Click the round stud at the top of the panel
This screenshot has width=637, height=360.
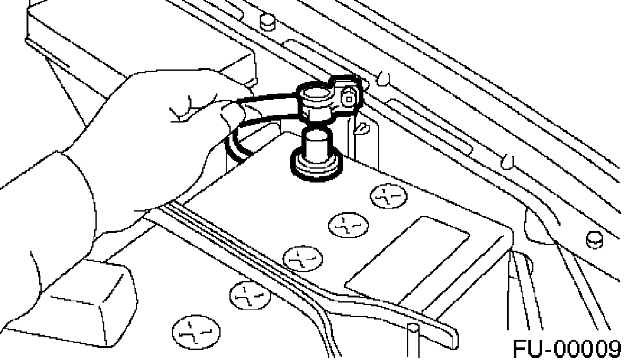click(268, 21)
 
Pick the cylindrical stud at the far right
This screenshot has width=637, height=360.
click(594, 240)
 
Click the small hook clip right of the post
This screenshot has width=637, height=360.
click(363, 130)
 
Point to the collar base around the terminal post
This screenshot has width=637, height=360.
click(314, 165)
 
